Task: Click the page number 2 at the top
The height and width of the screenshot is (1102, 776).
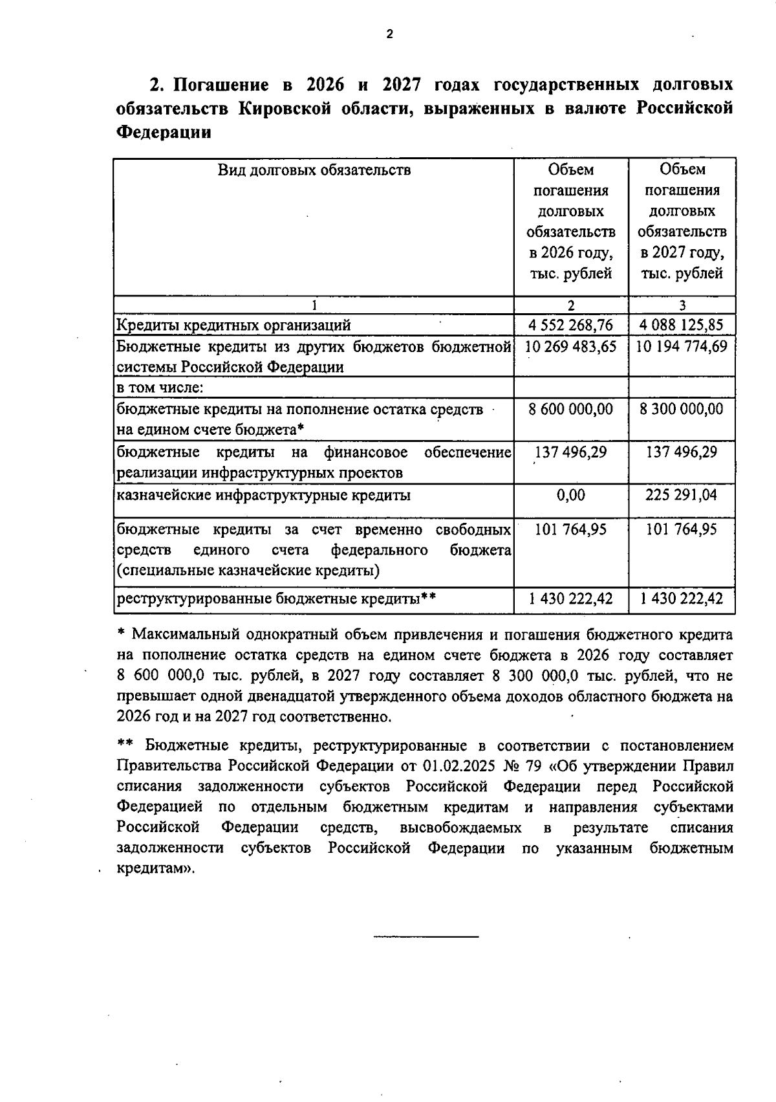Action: coord(389,34)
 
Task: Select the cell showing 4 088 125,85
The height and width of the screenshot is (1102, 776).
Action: coord(682,325)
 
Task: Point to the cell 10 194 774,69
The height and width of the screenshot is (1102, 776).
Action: coord(682,346)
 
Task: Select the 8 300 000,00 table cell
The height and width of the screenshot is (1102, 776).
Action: coord(682,409)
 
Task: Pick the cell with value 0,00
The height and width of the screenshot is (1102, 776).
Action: coord(571,495)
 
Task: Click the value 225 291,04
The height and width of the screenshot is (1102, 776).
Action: coord(682,495)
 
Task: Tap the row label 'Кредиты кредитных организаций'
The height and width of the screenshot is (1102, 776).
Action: coord(233,325)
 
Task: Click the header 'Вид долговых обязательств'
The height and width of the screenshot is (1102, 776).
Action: coord(314,170)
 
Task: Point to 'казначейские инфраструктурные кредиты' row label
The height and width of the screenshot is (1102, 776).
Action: coord(263,496)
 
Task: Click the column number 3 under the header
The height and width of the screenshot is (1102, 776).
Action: coord(682,305)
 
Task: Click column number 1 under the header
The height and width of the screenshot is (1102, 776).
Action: coord(314,305)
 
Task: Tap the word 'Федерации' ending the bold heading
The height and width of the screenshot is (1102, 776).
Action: coord(164,133)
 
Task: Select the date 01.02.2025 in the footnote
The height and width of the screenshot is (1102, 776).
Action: coord(459,766)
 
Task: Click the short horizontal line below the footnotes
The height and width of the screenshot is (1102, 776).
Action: coord(427,936)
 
